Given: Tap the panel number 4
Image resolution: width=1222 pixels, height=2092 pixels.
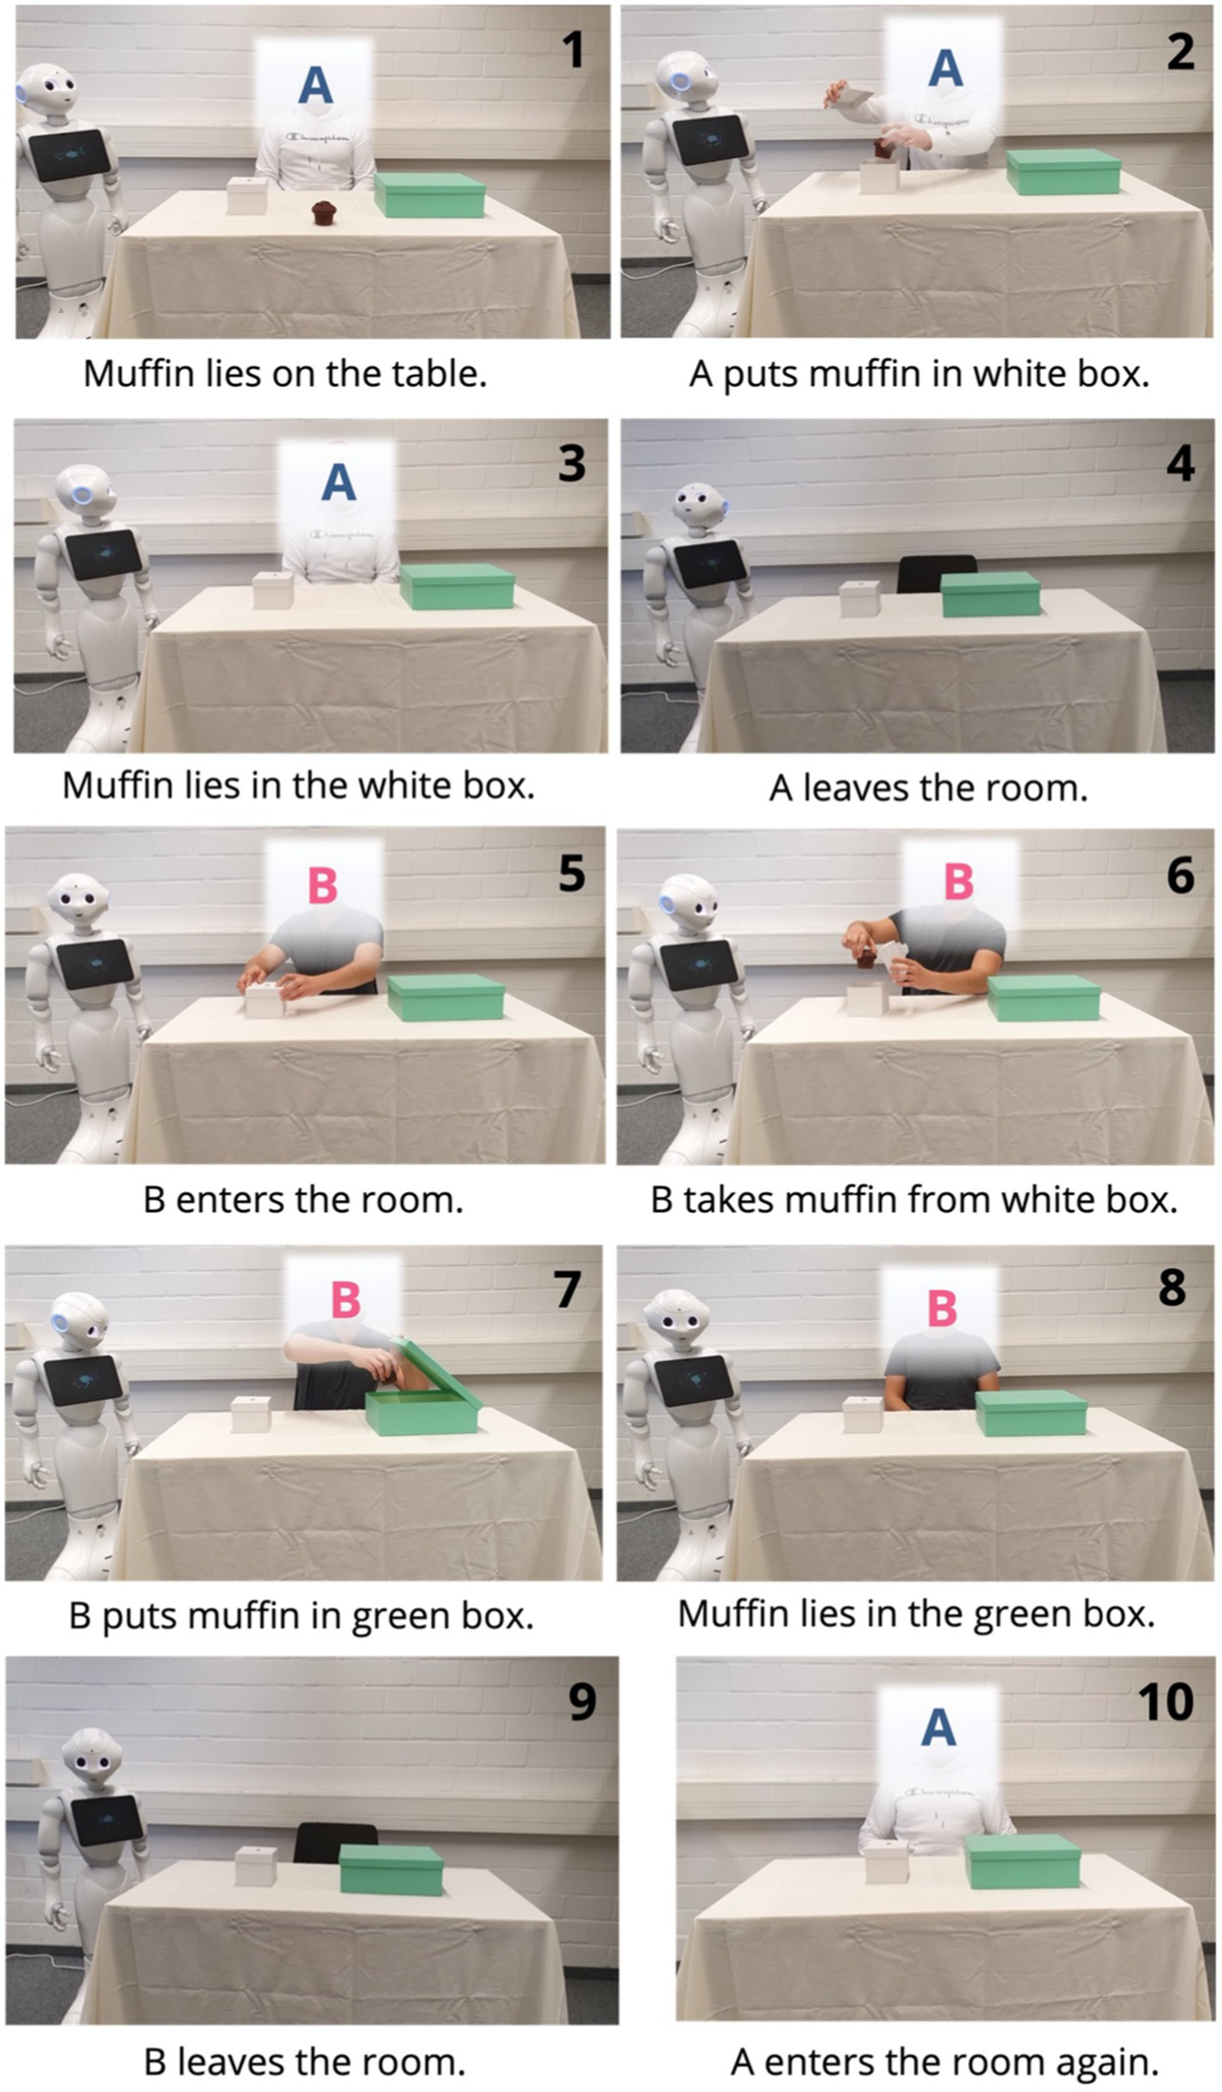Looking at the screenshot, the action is pos(1180,464).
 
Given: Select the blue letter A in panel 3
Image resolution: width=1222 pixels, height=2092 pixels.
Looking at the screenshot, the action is pos(339,482).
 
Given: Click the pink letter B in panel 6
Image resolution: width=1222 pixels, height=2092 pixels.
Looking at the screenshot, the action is pos(958,882).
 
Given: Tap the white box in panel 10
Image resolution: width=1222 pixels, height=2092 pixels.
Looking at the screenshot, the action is pos(887,1861).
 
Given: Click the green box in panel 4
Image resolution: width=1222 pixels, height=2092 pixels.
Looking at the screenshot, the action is pos(990,594).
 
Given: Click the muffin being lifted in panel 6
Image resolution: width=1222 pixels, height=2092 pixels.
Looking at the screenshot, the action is pos(864,957).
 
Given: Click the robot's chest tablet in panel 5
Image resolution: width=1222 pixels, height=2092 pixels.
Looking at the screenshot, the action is pos(95,962).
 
